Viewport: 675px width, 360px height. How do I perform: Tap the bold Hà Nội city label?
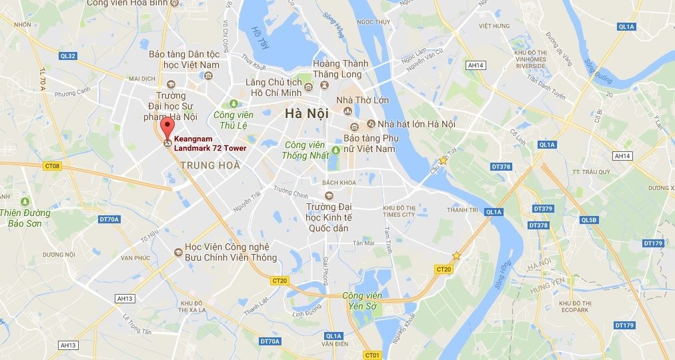tap(307, 113)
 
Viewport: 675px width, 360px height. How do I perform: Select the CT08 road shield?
tap(51, 165)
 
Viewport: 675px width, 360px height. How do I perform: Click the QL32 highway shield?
tap(68, 56)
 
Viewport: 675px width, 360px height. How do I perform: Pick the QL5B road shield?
tap(589, 220)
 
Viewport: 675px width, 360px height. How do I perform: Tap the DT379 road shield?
tap(544, 209)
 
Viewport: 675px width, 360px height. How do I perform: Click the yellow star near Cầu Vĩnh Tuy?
tap(442, 161)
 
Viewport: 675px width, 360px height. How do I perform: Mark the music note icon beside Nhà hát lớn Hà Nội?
tap(370, 124)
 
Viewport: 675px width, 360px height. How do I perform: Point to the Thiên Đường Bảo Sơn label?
tap(25, 218)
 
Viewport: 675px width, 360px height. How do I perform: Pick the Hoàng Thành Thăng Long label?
tap(341, 68)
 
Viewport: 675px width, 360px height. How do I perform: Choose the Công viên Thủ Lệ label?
tap(234, 119)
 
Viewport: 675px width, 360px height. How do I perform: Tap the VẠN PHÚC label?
tap(136, 257)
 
